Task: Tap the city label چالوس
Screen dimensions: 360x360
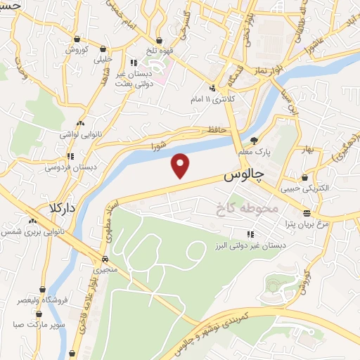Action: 243,176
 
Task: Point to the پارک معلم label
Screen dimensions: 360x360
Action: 253,153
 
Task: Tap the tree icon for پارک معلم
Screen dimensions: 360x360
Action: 254,140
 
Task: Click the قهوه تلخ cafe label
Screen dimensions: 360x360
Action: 162,51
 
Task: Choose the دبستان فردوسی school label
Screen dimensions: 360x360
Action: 70,167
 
